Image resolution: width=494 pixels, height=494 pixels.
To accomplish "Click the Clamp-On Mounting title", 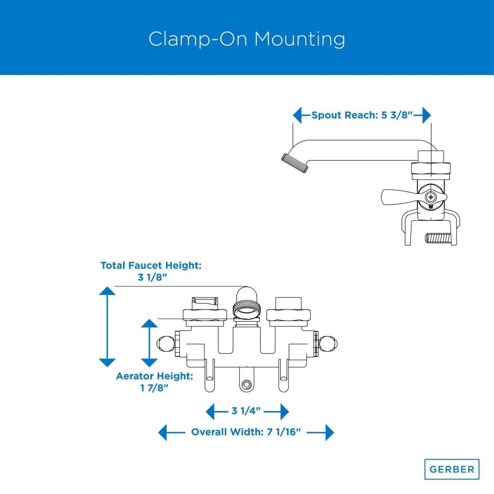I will point(246,39).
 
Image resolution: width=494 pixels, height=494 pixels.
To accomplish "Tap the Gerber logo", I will point(451,468).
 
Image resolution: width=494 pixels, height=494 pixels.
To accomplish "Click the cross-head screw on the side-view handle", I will point(431,198).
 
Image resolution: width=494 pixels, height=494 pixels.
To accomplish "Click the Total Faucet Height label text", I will point(151,266).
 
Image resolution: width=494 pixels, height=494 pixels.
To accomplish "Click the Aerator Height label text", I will point(155,376).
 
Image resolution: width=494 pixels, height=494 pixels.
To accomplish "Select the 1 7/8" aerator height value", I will point(155,388).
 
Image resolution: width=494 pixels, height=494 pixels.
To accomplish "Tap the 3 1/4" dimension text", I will point(247,410).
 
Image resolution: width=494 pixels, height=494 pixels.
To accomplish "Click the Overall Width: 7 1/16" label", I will point(245,433).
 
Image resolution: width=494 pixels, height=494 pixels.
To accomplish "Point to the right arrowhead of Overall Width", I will point(329,433).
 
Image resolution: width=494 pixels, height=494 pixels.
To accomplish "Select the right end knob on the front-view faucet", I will point(331,343).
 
